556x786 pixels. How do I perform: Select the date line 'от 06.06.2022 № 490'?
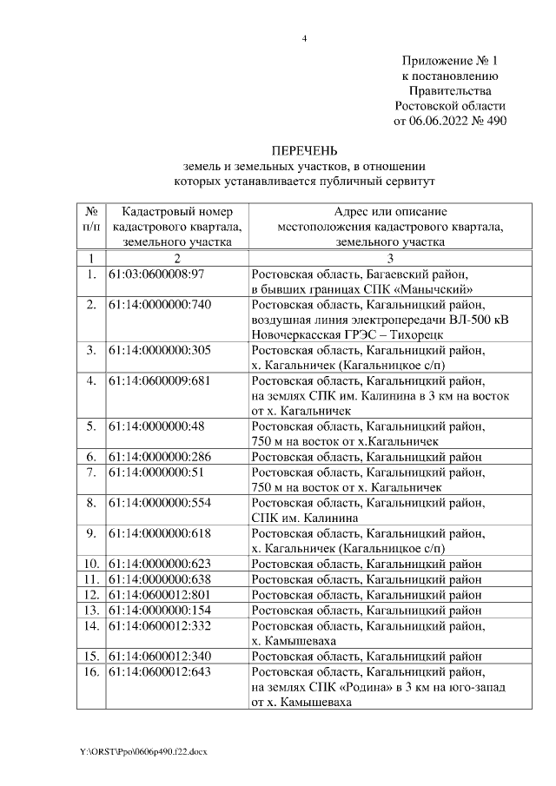click(450, 121)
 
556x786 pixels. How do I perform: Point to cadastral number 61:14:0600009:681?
click(160, 380)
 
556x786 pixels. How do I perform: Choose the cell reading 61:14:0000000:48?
click(156, 426)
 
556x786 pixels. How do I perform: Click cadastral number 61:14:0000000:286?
click(160, 456)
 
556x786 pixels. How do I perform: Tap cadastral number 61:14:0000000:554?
click(160, 502)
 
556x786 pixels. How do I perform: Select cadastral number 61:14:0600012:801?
click(160, 594)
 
